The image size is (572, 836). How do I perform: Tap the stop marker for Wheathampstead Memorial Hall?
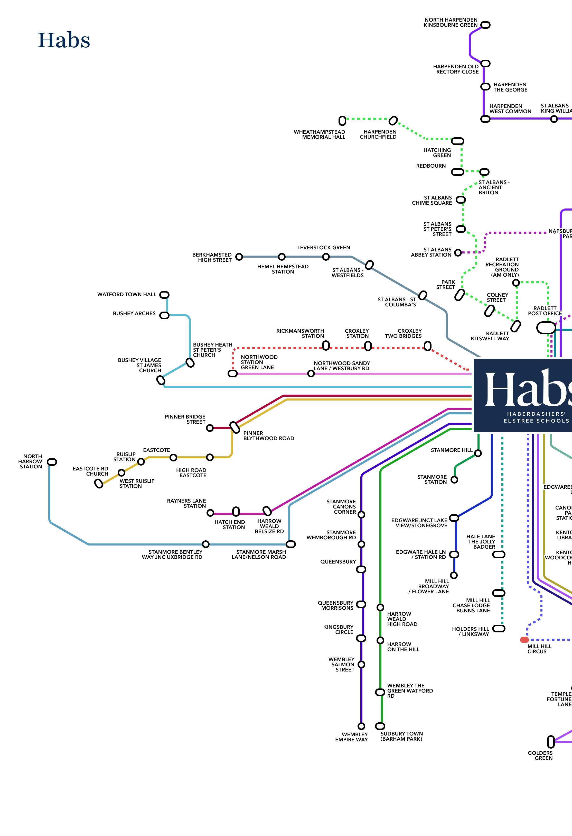point(342,121)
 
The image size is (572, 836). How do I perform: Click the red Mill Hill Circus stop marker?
point(524,640)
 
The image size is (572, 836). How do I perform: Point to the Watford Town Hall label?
point(127,294)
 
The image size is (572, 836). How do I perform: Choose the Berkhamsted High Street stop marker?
point(239,257)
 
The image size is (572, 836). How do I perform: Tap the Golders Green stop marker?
point(550,741)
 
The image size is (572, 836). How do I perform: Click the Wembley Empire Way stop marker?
point(361,726)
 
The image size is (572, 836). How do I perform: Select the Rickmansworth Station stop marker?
point(326,346)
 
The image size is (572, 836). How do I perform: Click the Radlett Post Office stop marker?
point(546,328)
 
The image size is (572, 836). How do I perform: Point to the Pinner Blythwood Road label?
point(269,436)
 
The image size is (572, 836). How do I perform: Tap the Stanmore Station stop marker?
point(454,479)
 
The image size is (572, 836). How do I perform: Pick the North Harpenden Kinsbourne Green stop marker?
point(485,25)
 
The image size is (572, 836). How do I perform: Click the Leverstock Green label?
point(324,248)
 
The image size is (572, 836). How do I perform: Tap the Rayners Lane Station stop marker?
point(210,513)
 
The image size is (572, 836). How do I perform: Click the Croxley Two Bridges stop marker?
point(427,346)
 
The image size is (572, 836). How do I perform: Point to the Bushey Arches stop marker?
point(164,315)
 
